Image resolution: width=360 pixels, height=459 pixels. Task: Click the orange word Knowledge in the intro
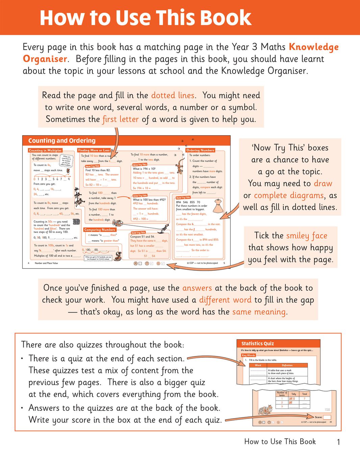(x=314, y=47)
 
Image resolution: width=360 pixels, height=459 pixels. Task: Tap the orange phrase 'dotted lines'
(x=173, y=96)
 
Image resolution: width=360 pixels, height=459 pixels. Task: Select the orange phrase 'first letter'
(x=121, y=119)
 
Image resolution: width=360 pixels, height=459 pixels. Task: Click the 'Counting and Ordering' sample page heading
(x=62, y=141)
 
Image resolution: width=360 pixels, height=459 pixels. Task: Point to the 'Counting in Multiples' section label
(x=45, y=150)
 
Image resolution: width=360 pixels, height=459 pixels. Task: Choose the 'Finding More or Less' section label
(x=94, y=150)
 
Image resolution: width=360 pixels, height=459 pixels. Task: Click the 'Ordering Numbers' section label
(x=200, y=150)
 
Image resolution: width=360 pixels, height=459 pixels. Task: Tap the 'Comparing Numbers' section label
(x=100, y=230)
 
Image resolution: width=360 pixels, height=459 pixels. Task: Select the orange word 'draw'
(x=323, y=184)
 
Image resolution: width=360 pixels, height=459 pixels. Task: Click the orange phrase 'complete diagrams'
(x=289, y=195)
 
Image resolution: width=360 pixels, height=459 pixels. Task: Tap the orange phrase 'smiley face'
(x=307, y=236)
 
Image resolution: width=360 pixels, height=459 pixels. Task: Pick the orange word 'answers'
(x=197, y=288)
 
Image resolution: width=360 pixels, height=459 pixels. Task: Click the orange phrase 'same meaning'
(x=259, y=312)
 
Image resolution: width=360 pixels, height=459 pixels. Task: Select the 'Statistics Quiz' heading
(x=257, y=344)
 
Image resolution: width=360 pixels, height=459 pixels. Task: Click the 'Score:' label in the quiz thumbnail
(x=318, y=417)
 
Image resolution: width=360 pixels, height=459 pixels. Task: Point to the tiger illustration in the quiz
(x=265, y=410)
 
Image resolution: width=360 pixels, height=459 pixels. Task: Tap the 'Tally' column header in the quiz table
(x=293, y=394)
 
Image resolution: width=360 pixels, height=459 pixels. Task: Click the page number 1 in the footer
(x=338, y=442)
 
